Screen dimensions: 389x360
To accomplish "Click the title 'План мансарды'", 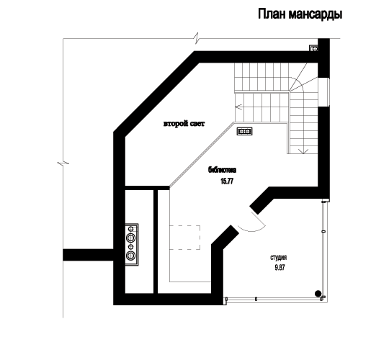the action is pos(300,14).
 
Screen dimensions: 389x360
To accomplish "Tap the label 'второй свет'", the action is pos(184,124).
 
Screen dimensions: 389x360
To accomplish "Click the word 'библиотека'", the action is pos(222,170).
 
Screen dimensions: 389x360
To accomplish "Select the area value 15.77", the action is pos(227,181).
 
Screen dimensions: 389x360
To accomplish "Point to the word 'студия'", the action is pos(279,258).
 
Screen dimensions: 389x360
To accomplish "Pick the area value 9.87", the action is pos(280,268).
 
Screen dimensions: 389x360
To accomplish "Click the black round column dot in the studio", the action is pos(318,294).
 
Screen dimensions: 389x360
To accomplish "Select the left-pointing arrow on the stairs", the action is pos(238,107).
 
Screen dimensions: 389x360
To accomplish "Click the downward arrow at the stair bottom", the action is pos(303,150).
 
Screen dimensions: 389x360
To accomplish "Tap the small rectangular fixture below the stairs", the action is pos(245,131).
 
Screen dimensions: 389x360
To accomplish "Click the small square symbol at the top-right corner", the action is pos(314,48).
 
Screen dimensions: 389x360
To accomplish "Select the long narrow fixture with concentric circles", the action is pos(132,245).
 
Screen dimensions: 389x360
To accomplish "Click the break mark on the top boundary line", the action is pos(197,38).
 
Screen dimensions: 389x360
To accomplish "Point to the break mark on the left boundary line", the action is pos(63,163).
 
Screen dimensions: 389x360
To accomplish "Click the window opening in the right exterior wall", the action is pos(323,92).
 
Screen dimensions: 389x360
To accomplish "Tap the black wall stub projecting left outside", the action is pos(88,255).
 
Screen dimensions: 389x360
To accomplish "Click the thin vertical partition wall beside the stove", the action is pos(156,241).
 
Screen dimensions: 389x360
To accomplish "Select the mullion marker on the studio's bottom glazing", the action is pos(256,299).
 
